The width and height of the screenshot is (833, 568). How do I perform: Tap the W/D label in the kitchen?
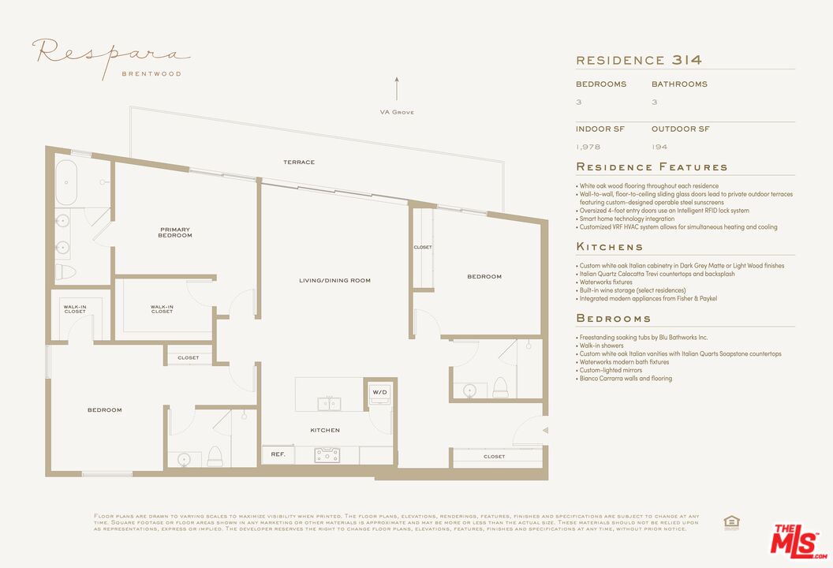[x=379, y=391]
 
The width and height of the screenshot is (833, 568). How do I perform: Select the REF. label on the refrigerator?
[x=278, y=454]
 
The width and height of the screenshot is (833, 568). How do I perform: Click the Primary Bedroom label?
[x=175, y=233]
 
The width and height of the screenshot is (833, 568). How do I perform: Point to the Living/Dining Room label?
[x=334, y=281]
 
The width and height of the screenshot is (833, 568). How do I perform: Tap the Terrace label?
[x=299, y=163]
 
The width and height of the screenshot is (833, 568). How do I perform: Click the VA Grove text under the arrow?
[x=397, y=112]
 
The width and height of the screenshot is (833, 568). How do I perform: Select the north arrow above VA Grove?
[x=397, y=88]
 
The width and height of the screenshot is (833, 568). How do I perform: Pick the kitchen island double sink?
[x=330, y=404]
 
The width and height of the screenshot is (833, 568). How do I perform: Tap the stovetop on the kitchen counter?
[x=327, y=455]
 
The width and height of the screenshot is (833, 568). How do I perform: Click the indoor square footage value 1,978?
[x=588, y=147]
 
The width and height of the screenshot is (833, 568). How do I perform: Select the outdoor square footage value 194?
[x=659, y=147]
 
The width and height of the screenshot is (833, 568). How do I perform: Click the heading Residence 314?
[x=639, y=60]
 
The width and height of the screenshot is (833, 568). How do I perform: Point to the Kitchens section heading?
[x=610, y=247]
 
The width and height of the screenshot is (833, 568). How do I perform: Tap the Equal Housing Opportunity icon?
[x=731, y=521]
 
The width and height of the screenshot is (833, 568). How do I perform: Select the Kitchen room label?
[x=325, y=430]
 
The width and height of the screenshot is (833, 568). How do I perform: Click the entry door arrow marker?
[x=544, y=430]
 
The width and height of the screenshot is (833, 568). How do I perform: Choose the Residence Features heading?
[x=652, y=167]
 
